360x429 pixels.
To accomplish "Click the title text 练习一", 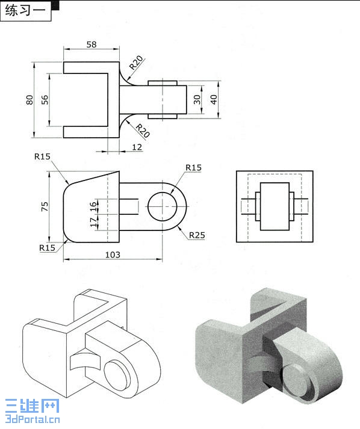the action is pyautogui.click(x=25, y=11).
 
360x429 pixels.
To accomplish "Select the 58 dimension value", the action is pyautogui.click(x=92, y=45).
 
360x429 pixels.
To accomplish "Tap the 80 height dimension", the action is pyautogui.click(x=29, y=100).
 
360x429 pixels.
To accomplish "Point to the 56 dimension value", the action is pyautogui.click(x=45, y=100).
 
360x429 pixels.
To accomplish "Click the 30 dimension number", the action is pyautogui.click(x=197, y=100).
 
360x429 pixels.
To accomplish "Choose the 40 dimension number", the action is pyautogui.click(x=214, y=100).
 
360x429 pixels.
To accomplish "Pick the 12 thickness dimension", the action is pyautogui.click(x=137, y=147).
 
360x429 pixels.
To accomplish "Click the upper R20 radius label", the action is pyautogui.click(x=136, y=63).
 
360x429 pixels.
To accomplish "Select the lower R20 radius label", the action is pyautogui.click(x=143, y=131).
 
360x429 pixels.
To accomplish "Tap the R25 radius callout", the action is pyautogui.click(x=197, y=235).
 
